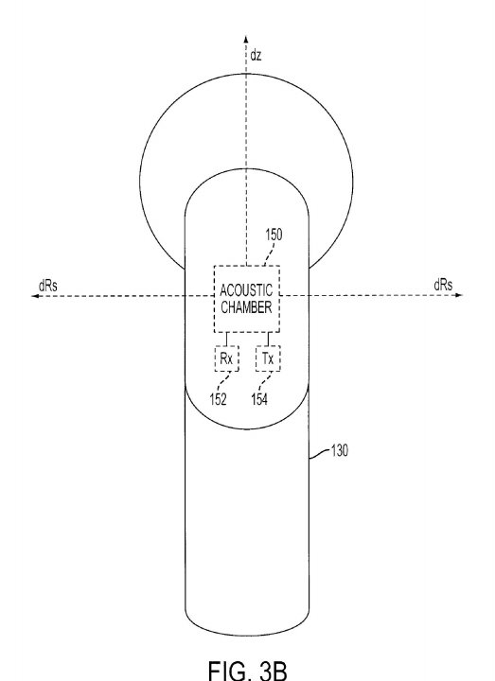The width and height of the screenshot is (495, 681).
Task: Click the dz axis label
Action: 256,55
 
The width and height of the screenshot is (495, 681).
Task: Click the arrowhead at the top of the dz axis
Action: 246,38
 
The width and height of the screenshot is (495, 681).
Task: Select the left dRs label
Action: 48,286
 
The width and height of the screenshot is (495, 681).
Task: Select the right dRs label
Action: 443,285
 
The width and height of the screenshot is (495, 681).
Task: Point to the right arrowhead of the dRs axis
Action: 458,295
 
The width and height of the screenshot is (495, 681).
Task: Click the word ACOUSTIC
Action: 246,290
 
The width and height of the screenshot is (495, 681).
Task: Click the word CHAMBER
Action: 246,307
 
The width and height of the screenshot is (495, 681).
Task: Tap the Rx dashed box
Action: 227,358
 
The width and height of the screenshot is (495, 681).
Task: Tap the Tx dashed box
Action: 268,358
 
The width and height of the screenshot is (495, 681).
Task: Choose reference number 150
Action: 274,235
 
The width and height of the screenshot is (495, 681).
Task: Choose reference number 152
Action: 219,399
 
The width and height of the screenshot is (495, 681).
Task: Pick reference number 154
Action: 259,399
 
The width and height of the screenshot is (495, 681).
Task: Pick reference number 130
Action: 340,451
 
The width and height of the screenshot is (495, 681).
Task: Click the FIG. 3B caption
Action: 248,671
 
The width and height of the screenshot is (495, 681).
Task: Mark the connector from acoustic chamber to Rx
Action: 226,340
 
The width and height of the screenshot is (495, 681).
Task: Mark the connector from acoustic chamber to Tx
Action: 268,340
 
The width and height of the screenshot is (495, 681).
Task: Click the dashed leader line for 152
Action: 223,381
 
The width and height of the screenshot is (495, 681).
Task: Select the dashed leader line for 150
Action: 270,253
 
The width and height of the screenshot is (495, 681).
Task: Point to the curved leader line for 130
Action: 320,453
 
